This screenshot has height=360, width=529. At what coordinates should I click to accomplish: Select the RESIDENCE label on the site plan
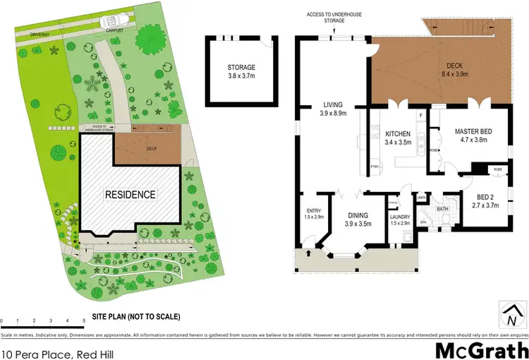tap(130, 193)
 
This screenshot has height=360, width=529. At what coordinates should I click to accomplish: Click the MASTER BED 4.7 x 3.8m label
tap(473, 136)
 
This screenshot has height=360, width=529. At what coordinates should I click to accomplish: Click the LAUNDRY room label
tap(400, 220)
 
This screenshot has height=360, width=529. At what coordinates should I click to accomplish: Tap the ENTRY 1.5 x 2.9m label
tap(313, 214)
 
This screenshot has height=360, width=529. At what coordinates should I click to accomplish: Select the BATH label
tap(442, 209)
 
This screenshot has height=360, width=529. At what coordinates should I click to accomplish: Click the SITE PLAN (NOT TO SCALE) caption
tap(136, 316)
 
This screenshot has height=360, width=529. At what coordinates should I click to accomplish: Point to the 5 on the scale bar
tap(84, 321)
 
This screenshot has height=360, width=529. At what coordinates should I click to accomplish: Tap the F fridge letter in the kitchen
tap(421, 114)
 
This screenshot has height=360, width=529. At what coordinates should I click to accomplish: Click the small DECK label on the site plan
tap(151, 149)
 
